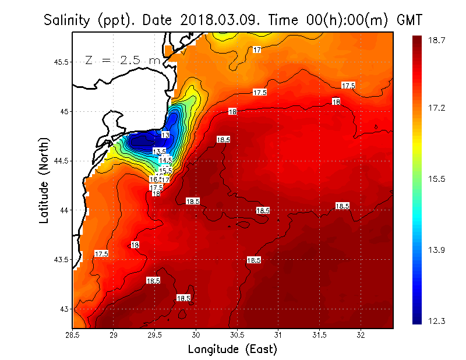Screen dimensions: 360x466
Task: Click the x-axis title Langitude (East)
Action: point(232,349)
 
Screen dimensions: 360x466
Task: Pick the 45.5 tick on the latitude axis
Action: point(61,62)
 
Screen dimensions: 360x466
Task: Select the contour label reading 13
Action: point(165,135)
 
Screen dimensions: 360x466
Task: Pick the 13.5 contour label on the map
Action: point(159,151)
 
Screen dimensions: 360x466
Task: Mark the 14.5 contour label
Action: point(165,160)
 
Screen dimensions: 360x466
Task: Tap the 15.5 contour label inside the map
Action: point(166,170)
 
